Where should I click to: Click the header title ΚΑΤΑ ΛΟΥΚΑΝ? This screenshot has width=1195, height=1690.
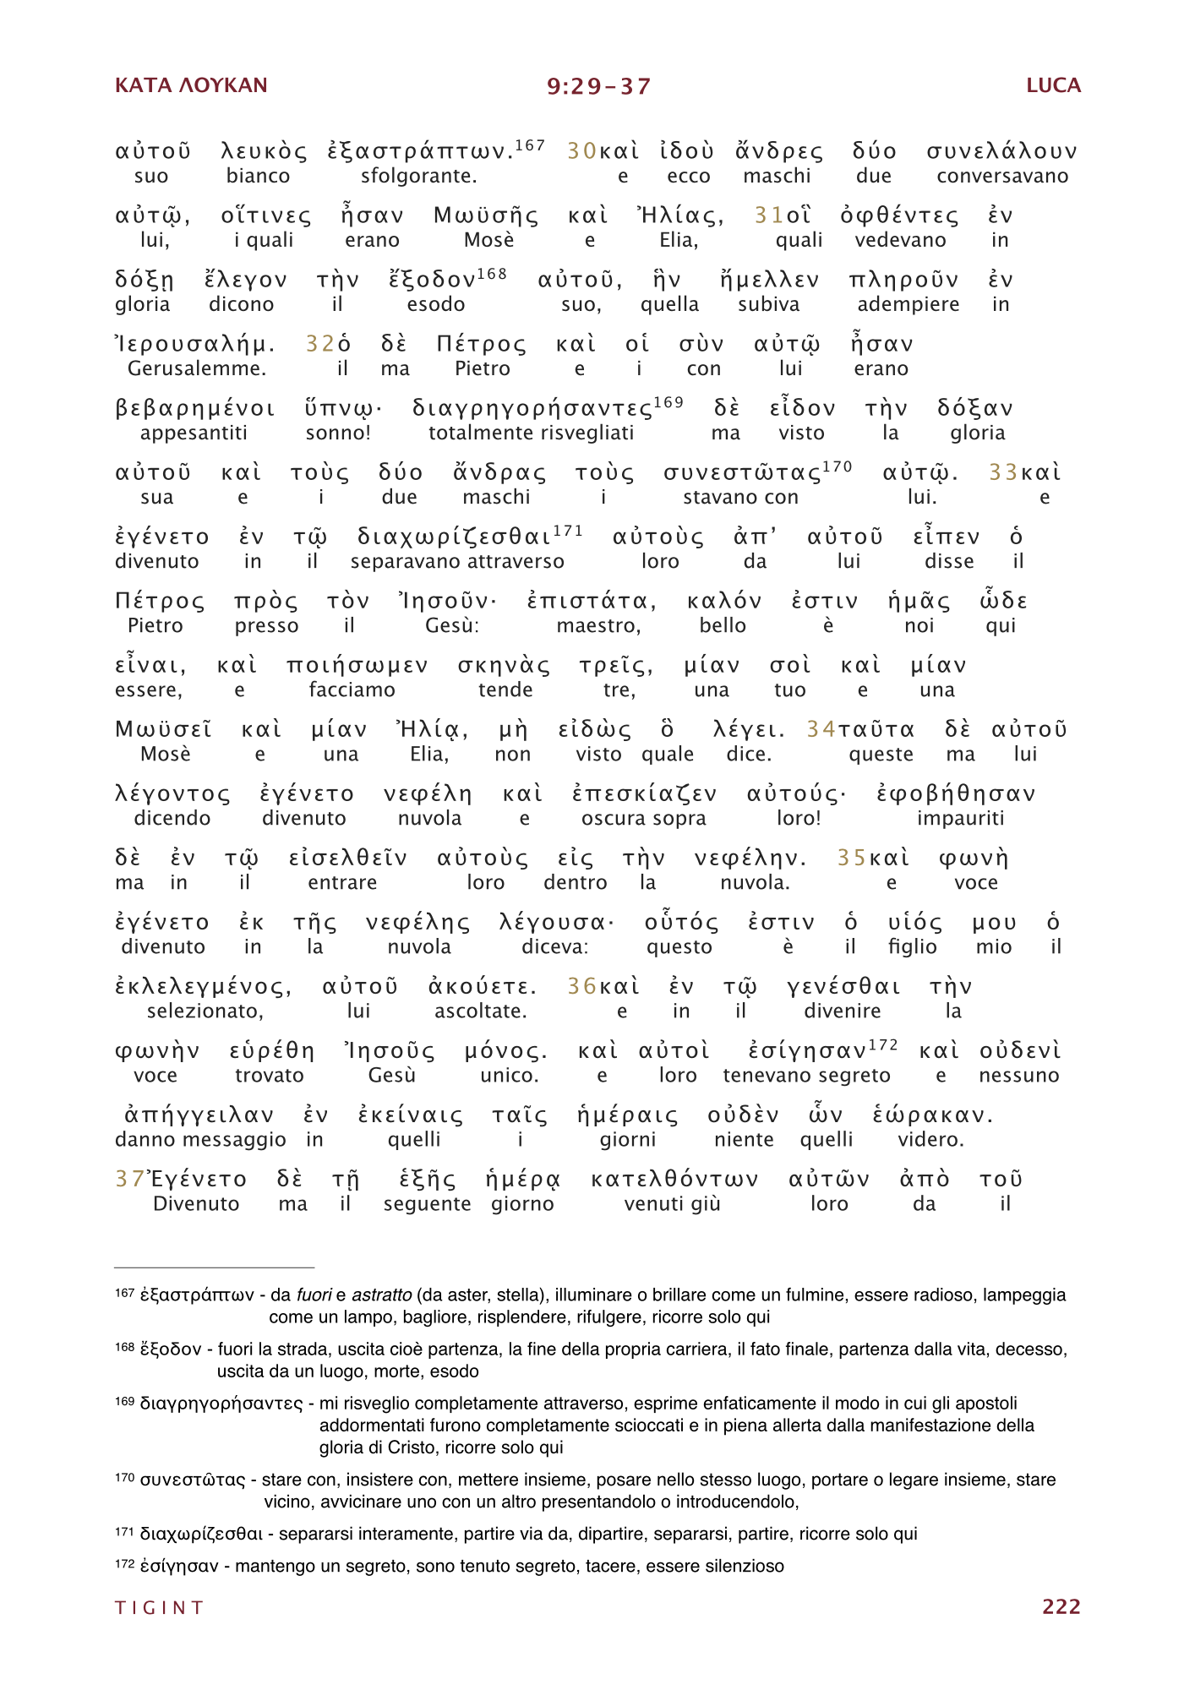tap(191, 85)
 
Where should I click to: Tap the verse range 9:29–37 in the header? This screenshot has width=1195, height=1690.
tap(598, 86)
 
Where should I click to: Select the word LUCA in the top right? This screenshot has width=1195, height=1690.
tap(1053, 85)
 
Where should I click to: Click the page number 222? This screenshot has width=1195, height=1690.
tap(1061, 1606)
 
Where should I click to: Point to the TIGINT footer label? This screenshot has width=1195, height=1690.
tap(160, 1607)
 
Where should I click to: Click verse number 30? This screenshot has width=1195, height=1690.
tap(581, 151)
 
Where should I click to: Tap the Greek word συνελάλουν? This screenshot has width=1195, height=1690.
tap(1001, 152)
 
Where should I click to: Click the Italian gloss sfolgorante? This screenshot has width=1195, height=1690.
tap(418, 177)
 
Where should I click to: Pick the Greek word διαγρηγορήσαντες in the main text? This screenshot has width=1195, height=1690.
tap(532, 409)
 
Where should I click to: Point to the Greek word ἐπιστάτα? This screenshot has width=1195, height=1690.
tap(591, 602)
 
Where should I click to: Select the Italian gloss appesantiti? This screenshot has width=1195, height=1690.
tap(194, 433)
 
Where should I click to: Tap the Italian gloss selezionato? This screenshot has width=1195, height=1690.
tap(205, 1011)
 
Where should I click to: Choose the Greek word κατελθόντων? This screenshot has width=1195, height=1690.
tap(674, 1180)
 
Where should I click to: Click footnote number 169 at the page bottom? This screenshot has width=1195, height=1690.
tap(124, 1402)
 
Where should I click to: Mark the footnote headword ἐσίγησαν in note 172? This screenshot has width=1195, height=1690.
tap(179, 1567)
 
